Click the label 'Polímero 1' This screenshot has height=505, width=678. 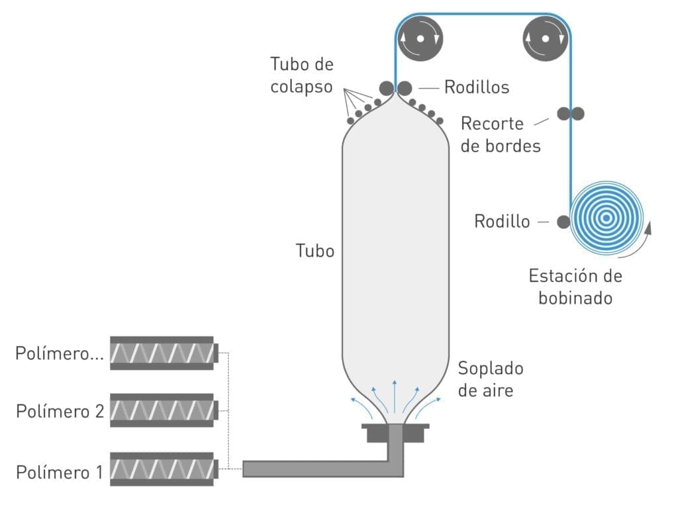pyautogui.click(x=59, y=472)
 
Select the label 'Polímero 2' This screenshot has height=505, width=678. pyautogui.click(x=60, y=411)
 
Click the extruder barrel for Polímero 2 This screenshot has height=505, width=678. pyautogui.click(x=162, y=411)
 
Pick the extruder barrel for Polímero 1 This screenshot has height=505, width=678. pyautogui.click(x=162, y=470)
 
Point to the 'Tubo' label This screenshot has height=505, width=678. pyautogui.click(x=315, y=251)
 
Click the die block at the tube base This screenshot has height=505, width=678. pyautogui.click(x=395, y=434)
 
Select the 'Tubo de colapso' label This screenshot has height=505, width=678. pyautogui.click(x=301, y=75)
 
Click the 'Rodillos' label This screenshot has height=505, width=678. pyautogui.click(x=476, y=87)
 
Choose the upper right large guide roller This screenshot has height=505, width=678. pyautogui.click(x=545, y=38)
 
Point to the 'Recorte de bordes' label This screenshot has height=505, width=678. pyautogui.click(x=500, y=134)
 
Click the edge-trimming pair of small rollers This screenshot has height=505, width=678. pyautogui.click(x=570, y=114)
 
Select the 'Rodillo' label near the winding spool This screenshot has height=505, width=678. pyautogui.click(x=502, y=221)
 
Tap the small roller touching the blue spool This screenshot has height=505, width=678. pyautogui.click(x=563, y=222)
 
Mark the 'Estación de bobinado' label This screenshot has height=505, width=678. pyautogui.click(x=575, y=287)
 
